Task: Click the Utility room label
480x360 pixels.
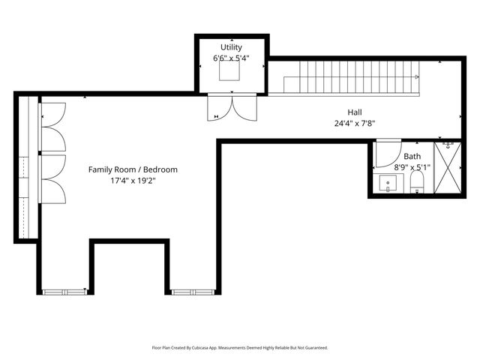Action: [x=231, y=47]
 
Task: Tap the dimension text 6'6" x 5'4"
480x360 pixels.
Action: [x=231, y=58]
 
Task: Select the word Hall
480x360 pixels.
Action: [x=355, y=112]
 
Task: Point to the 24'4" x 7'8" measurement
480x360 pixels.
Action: [x=355, y=123]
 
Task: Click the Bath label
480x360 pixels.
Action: [x=412, y=157]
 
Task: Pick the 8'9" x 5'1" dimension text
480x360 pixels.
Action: [x=412, y=167]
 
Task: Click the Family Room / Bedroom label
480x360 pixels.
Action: [x=133, y=169]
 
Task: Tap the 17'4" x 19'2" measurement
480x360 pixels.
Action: [x=133, y=181]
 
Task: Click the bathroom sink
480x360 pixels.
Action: [x=388, y=183]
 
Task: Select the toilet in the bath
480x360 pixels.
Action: [x=417, y=181]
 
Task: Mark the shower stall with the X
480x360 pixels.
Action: [x=448, y=168]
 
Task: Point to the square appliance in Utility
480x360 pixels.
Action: [x=229, y=70]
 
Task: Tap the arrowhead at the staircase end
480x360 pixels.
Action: [x=417, y=76]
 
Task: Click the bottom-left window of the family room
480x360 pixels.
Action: [x=64, y=292]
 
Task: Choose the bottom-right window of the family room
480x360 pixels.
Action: [x=193, y=292]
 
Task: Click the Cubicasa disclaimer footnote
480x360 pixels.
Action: [x=240, y=348]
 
